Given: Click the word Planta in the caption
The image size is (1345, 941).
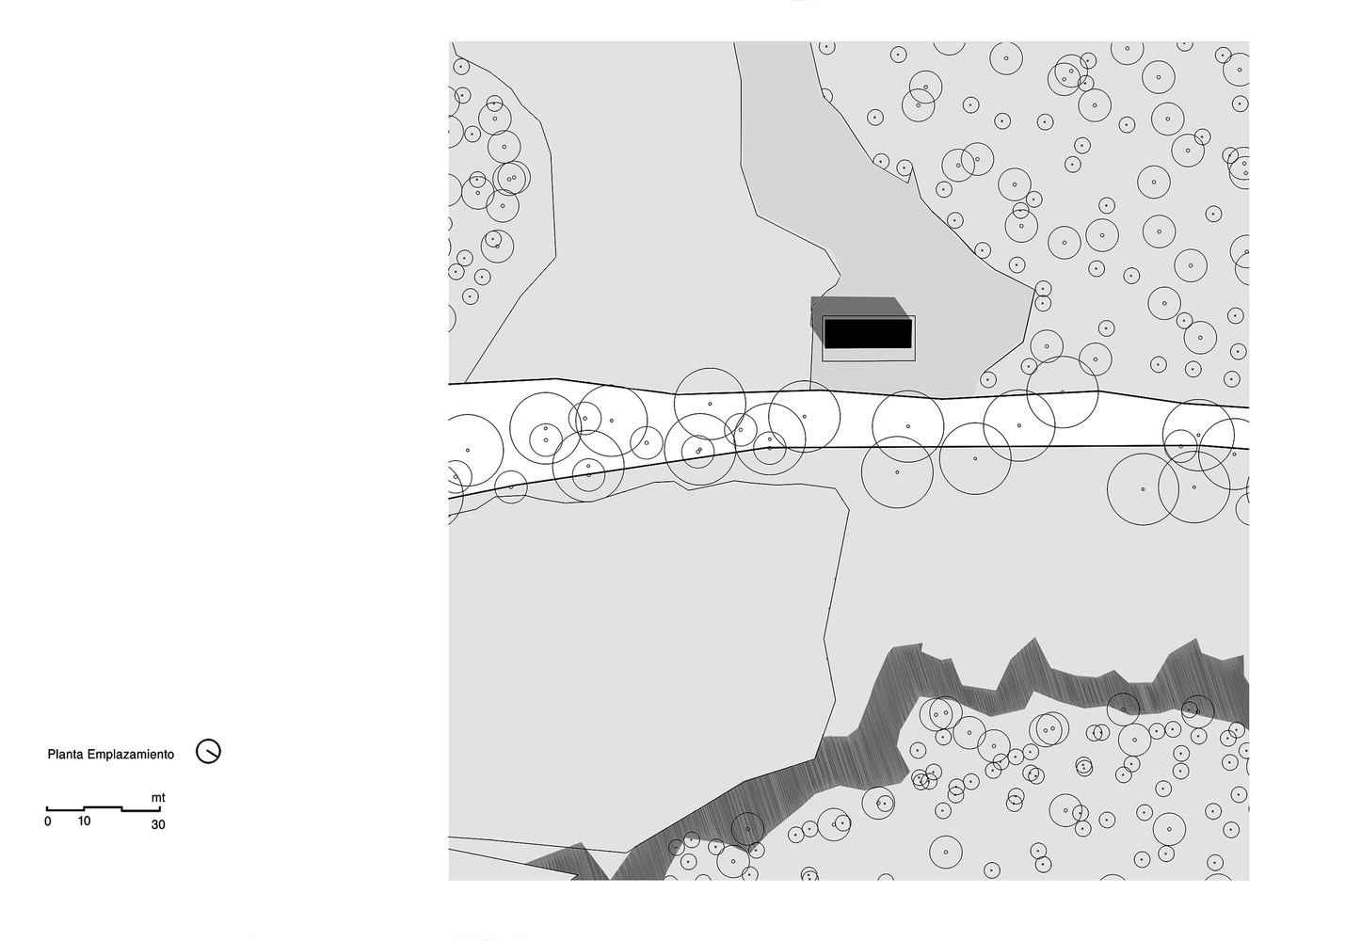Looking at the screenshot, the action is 65,755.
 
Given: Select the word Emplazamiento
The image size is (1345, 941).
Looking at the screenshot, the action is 130,755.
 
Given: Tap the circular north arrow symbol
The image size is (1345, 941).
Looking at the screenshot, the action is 208,751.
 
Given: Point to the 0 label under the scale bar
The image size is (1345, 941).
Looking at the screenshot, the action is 48,821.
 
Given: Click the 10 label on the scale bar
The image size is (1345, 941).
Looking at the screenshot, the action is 84,821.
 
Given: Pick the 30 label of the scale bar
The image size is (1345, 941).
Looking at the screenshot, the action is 158,824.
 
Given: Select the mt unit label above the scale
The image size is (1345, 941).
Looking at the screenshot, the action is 158,798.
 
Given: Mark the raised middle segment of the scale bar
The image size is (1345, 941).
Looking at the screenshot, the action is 103,807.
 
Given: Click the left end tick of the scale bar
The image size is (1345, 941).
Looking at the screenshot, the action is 47,809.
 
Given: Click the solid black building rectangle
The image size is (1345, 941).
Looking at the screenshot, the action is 868,334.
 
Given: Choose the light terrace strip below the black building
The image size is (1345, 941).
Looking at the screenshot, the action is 868,355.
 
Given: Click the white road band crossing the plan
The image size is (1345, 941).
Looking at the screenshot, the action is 841,420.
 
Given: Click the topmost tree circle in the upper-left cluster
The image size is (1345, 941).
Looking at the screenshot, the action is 460,66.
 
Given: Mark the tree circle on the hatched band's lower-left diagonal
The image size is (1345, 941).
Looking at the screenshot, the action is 747,829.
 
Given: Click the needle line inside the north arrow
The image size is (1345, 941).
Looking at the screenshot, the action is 211,753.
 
